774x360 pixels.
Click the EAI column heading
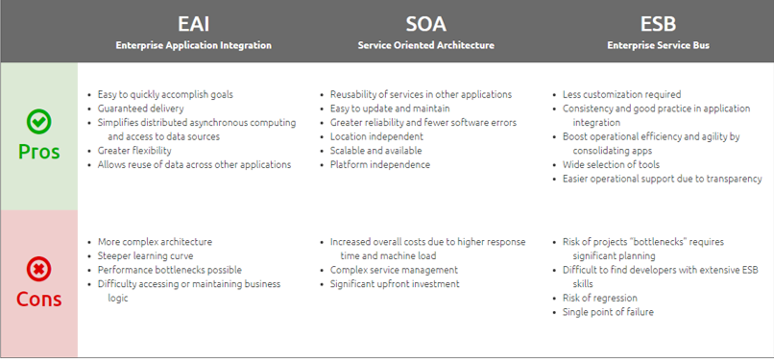(x=193, y=23)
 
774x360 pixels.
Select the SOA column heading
(x=424, y=23)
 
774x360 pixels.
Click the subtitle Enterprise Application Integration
(x=193, y=45)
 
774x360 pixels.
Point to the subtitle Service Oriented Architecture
(x=424, y=45)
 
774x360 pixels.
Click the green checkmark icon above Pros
(x=38, y=122)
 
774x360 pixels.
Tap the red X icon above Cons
(x=38, y=268)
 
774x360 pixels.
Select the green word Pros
(x=38, y=152)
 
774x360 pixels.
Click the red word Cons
(x=38, y=299)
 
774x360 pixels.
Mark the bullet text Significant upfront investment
(x=395, y=284)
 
